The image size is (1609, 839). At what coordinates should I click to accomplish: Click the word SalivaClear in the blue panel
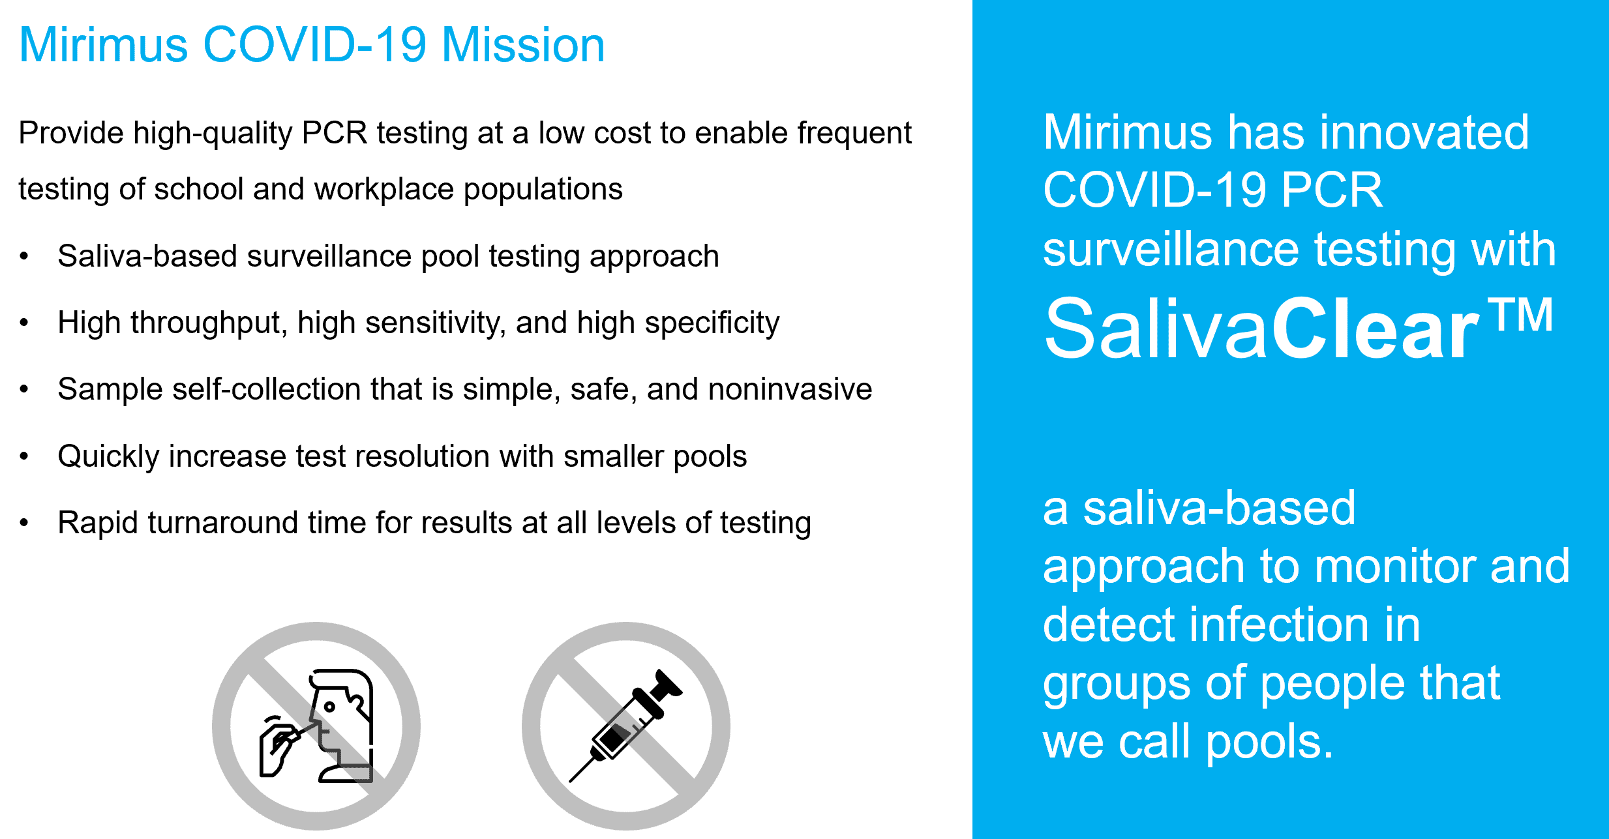1262,328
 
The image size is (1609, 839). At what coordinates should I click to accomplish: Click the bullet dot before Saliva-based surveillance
24,256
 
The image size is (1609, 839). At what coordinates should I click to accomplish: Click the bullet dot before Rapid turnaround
24,523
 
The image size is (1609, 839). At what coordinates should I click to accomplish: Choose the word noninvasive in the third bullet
790,389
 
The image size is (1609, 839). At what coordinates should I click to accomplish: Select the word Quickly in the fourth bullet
108,456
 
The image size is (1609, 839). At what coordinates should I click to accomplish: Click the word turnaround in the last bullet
223,523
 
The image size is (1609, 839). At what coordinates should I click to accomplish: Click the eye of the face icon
329,707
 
